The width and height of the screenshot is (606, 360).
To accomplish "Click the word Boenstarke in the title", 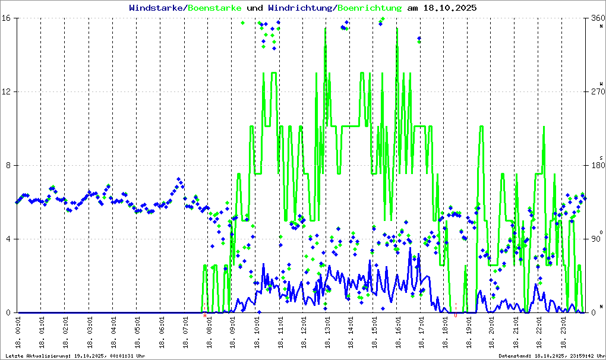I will [x=214, y=8].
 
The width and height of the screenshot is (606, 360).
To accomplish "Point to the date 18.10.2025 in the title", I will [x=449, y=8].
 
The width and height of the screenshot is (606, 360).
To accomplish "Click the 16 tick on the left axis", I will [x=8, y=18].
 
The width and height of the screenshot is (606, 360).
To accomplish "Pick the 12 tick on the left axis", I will [x=8, y=92].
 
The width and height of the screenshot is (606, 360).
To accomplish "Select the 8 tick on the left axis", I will [x=11, y=166].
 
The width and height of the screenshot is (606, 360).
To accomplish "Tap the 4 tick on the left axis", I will [x=11, y=239].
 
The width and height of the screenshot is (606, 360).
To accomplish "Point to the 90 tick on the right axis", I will [x=594, y=239].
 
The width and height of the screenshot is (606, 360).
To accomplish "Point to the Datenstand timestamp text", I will [x=551, y=356].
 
